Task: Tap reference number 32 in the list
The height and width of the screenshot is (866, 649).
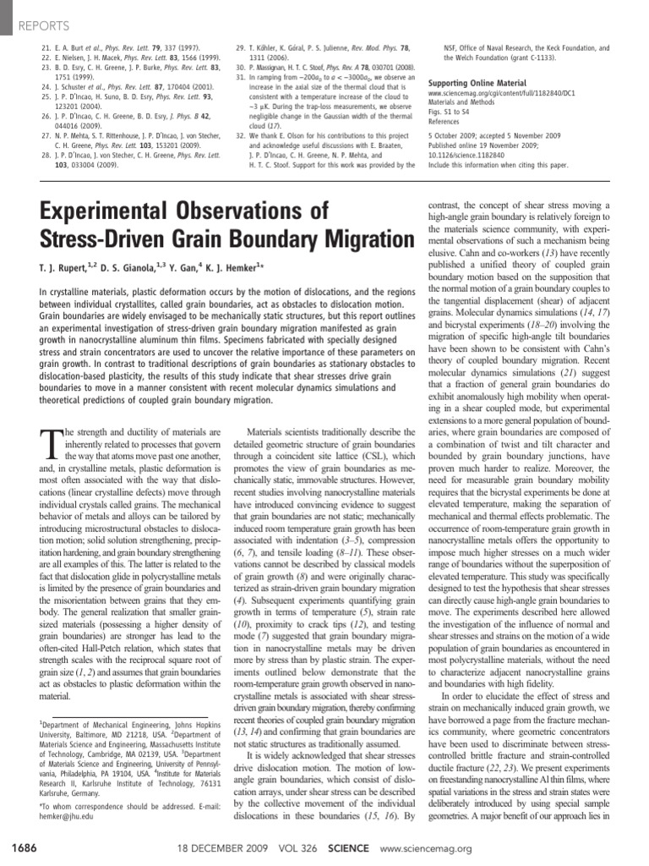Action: coord(241,134)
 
